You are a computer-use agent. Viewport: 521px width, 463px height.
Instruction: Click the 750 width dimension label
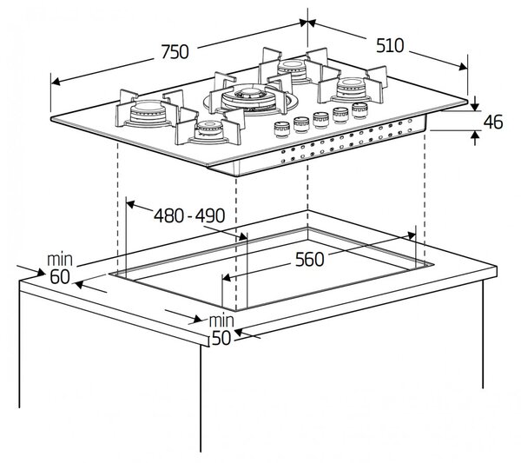point(175,52)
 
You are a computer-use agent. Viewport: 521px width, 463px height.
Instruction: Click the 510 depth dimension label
point(390,45)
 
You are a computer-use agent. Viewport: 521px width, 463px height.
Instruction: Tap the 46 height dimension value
point(493,122)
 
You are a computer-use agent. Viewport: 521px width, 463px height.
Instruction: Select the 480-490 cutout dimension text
point(189,215)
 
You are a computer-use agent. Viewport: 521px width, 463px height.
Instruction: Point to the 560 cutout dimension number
point(309,260)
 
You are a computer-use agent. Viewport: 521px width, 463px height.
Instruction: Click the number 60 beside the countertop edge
point(60,277)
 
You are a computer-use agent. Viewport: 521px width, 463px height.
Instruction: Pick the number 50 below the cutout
point(221,338)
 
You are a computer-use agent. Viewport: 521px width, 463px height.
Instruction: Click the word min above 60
point(60,260)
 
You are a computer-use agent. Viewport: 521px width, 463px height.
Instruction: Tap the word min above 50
point(221,321)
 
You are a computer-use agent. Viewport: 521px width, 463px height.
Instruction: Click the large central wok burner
point(249,98)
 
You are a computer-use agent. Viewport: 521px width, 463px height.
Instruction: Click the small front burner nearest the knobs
point(208,130)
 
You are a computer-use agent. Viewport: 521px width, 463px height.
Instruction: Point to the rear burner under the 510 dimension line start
point(292,70)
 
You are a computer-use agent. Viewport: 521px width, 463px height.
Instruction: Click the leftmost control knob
point(281,129)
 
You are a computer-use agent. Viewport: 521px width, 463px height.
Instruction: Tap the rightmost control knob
point(359,110)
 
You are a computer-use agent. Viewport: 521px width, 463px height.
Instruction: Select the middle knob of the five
point(321,120)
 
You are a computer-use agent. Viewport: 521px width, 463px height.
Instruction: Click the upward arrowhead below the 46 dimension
point(476,136)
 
